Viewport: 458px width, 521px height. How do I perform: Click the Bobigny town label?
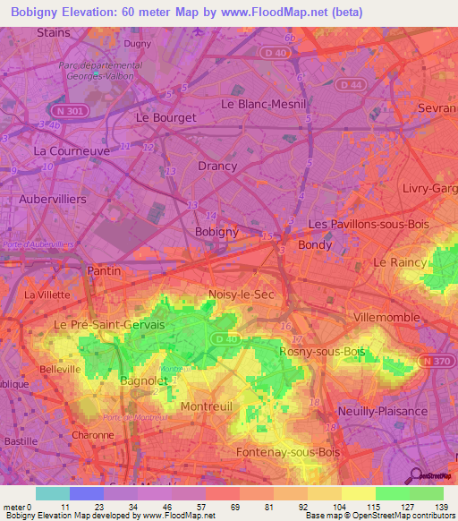[x=216, y=232]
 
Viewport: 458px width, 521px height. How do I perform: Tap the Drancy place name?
[x=217, y=166]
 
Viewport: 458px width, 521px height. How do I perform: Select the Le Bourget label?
[x=165, y=117]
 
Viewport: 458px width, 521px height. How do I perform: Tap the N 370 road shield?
[x=432, y=361]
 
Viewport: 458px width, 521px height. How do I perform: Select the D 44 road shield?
[x=355, y=84]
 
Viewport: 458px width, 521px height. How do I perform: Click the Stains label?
[x=54, y=32]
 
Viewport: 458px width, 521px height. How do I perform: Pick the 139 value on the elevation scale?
[x=441, y=507]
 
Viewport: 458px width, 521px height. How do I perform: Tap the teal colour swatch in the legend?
[x=52, y=493]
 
